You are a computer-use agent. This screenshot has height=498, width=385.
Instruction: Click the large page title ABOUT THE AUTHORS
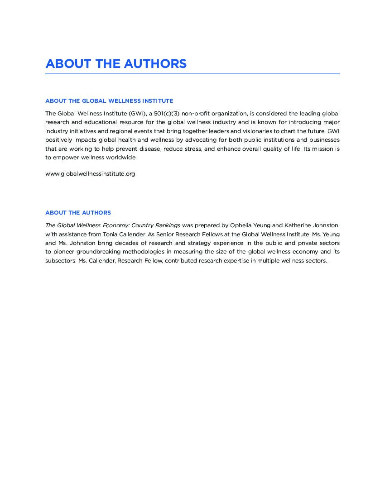point(116,63)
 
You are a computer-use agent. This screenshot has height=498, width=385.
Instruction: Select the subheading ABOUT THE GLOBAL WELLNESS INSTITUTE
point(109,101)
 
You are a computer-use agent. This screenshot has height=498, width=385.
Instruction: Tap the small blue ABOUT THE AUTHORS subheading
point(78,213)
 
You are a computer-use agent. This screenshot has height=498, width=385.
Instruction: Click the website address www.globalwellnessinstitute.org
point(90,173)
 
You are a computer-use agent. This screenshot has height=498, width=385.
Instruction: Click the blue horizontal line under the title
point(192,74)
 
